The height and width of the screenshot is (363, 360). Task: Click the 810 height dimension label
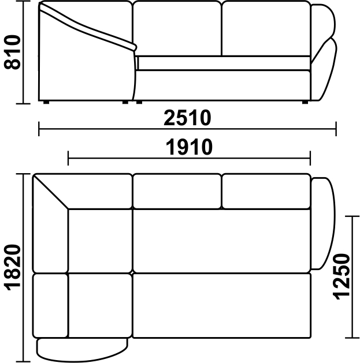[x=12, y=52]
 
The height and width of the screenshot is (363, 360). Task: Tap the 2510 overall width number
[x=187, y=118]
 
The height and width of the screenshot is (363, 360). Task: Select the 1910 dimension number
[x=189, y=147]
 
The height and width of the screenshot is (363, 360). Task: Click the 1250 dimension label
[x=341, y=277]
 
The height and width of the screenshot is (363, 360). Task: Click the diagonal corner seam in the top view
[x=51, y=192]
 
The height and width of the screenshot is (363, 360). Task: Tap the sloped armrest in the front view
[x=88, y=27]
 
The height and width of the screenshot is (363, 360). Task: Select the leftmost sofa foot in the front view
[x=46, y=102]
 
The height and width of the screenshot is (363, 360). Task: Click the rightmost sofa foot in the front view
[x=305, y=102]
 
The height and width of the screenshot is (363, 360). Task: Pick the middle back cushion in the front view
[x=177, y=28]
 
